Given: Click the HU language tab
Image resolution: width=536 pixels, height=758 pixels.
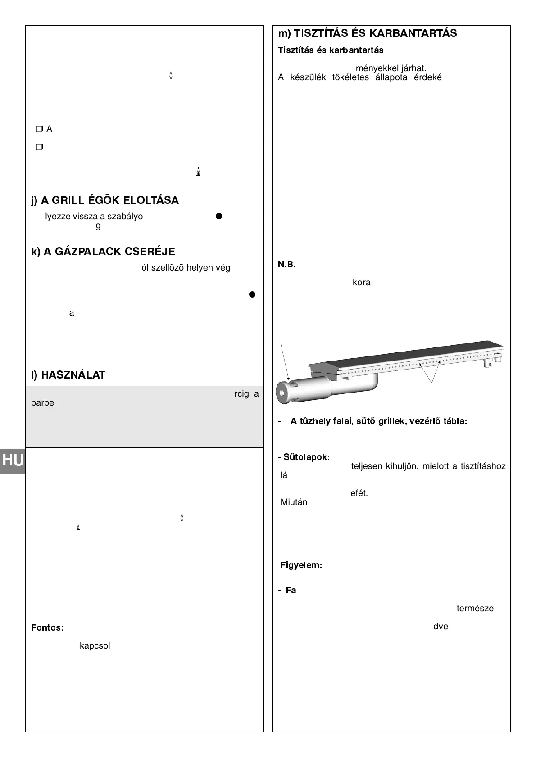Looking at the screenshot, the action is (x=13, y=460).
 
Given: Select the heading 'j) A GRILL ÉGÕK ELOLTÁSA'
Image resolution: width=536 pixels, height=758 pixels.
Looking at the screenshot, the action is (x=105, y=200).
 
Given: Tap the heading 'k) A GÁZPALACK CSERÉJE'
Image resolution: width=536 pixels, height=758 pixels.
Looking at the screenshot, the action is (x=103, y=252).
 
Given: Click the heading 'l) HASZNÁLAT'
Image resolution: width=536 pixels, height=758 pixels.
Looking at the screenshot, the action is (x=68, y=375).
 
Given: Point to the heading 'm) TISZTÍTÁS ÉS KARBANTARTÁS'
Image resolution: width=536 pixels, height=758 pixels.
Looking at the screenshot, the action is (x=367, y=33).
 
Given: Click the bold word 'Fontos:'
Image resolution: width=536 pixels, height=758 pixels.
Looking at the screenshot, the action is (x=47, y=627).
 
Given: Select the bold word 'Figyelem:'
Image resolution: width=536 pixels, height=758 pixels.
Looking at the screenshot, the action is (x=301, y=565).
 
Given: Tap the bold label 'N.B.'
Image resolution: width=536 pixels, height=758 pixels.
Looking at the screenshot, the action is (x=286, y=264).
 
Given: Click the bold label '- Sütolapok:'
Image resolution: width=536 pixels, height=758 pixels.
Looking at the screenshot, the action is (x=304, y=457).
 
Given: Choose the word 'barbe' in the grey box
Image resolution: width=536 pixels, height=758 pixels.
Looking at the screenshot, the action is (x=42, y=403).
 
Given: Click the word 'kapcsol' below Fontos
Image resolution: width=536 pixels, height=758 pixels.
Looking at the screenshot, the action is (x=95, y=645).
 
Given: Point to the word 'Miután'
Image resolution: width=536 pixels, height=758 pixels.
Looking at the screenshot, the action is (x=294, y=502).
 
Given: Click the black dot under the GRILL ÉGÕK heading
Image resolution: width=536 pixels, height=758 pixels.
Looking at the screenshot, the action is (x=219, y=216).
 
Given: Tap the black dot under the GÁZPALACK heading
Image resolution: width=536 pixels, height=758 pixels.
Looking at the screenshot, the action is (x=252, y=294).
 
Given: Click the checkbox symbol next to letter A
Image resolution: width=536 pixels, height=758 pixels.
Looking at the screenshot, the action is (x=39, y=129).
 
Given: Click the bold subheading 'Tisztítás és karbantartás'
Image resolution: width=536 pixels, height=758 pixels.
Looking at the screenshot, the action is (x=331, y=50).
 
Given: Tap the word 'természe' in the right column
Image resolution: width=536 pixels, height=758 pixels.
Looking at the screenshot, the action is (x=475, y=608).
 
